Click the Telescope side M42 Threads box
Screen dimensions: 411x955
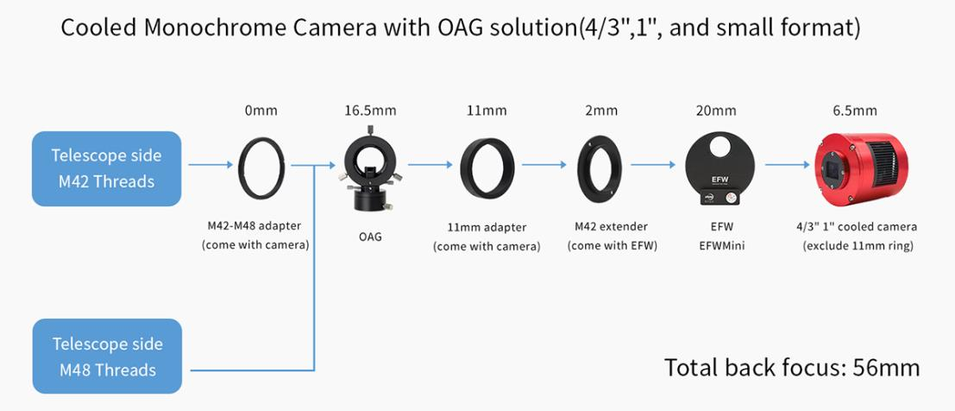point(107,168)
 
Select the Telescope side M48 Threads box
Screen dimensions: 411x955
point(107,356)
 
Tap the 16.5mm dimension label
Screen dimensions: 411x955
point(369,111)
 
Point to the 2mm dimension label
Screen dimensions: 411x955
point(600,111)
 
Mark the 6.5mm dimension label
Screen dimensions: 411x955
point(855,111)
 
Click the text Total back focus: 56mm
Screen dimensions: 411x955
point(792,367)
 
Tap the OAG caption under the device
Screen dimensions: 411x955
point(370,236)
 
